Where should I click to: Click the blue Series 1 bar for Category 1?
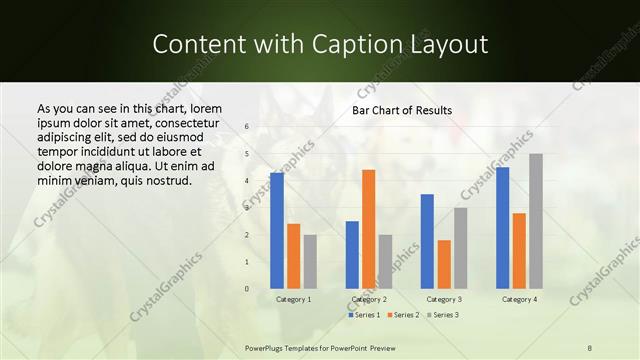point(277,230)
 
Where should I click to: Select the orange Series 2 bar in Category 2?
point(368,229)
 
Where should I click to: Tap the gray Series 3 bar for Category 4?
point(536,221)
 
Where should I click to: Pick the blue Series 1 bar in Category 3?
point(427,241)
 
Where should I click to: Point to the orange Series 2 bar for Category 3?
point(444,264)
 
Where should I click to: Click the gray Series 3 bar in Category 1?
point(310,261)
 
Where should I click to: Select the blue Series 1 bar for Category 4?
point(502,228)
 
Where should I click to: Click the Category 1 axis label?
point(294,299)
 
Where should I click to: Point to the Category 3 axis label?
point(444,299)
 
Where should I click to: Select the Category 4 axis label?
point(519,299)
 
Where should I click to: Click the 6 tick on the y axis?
point(246,127)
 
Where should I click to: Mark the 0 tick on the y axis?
point(246,289)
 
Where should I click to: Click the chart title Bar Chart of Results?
point(402,110)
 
